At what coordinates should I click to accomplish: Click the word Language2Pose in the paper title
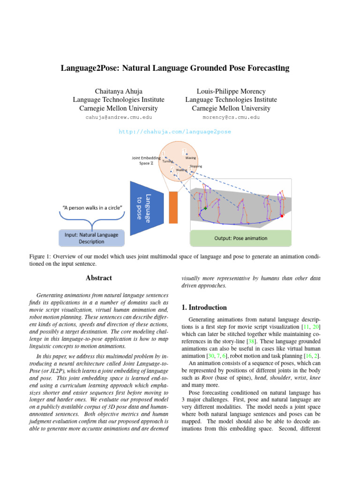tap(90, 68)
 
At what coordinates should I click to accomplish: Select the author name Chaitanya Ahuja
tap(118, 91)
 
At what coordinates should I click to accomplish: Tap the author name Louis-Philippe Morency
tap(231, 91)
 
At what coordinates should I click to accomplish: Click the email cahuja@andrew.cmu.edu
tap(118, 117)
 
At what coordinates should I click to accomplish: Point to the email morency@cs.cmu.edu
tap(231, 117)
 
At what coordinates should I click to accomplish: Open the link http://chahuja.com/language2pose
tap(175, 132)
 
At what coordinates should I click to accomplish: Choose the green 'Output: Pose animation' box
tap(240, 238)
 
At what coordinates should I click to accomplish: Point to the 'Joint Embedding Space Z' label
tap(145, 160)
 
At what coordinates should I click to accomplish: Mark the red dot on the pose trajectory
tap(282, 216)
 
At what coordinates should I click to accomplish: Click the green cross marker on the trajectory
tap(205, 208)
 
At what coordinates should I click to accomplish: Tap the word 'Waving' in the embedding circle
tap(190, 158)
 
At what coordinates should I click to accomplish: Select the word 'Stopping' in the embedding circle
tap(196, 166)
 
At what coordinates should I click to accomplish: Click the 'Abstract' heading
tap(99, 278)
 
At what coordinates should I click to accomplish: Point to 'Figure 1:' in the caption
tap(39, 257)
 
